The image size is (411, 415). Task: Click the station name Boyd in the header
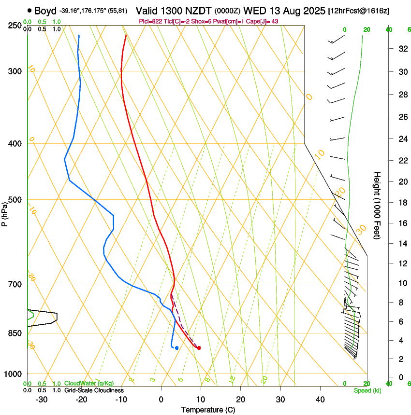point(45,11)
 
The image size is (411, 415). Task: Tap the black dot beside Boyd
point(30,10)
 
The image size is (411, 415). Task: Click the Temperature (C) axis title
point(207,410)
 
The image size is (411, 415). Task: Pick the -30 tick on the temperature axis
point(42,399)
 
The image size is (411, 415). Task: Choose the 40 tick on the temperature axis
point(320,399)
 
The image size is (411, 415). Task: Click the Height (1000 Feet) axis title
point(377,206)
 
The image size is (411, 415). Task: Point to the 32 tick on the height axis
point(401,49)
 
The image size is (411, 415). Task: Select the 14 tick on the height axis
point(401,244)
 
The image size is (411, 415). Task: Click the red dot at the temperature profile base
point(199,348)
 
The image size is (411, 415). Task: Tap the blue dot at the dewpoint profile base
point(177,348)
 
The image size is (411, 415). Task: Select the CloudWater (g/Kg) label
point(89,384)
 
